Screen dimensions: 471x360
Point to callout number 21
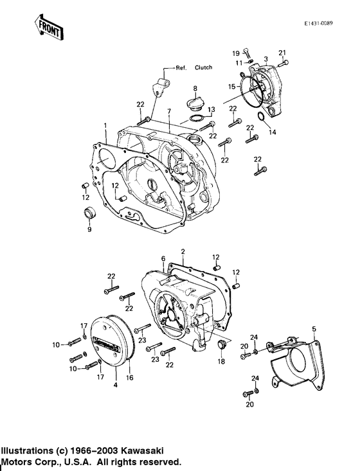[282, 52]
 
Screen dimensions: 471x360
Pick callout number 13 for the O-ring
[212, 110]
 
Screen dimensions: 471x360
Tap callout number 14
[272, 132]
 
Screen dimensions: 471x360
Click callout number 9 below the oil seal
[89, 229]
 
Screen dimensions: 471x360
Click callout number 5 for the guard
[314, 330]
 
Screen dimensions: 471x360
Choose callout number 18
[222, 362]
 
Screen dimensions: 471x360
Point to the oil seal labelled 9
[90, 213]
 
